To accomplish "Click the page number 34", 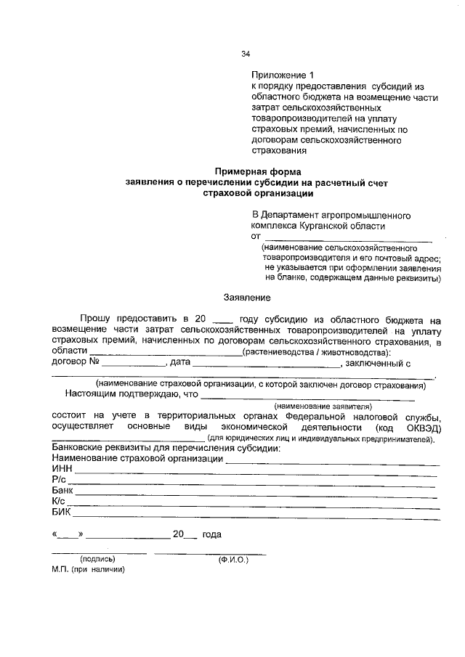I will coord(246,54).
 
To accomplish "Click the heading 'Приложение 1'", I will coord(285,75).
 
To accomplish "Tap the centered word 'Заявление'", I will coord(247,297).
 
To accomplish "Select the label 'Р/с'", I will coord(60,481).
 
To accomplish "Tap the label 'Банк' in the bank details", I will coord(63,491).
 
